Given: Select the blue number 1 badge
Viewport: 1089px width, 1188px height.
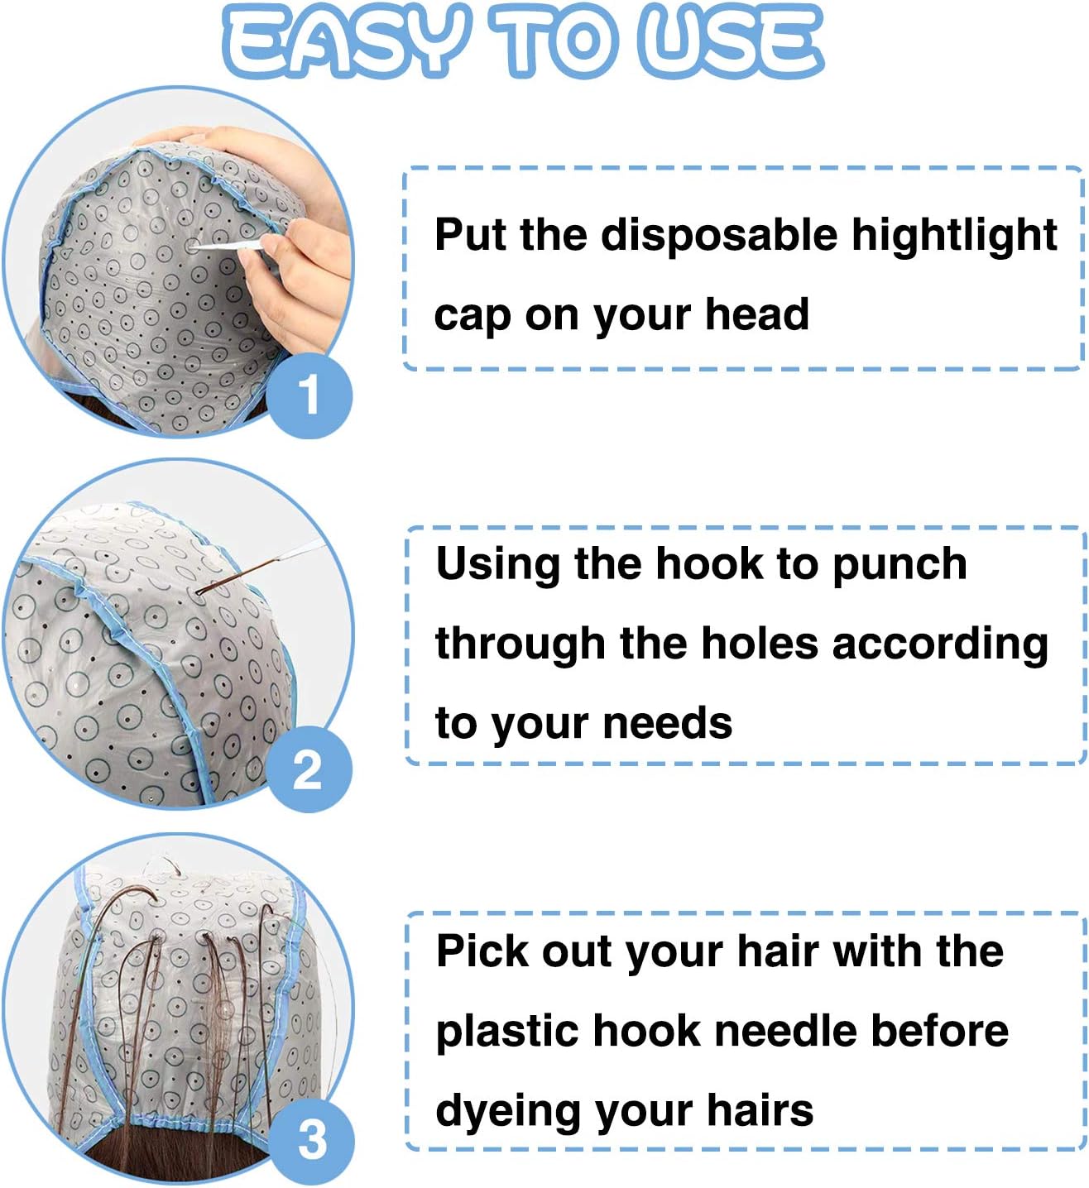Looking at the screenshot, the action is coord(309,395).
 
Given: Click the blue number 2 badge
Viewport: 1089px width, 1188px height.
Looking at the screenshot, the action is coord(309,769).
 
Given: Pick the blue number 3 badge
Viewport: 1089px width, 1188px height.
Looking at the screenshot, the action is coord(312,1139).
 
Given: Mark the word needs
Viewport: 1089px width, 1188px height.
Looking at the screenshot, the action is coord(668,723).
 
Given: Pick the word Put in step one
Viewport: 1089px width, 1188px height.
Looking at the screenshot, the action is coord(471,234).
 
